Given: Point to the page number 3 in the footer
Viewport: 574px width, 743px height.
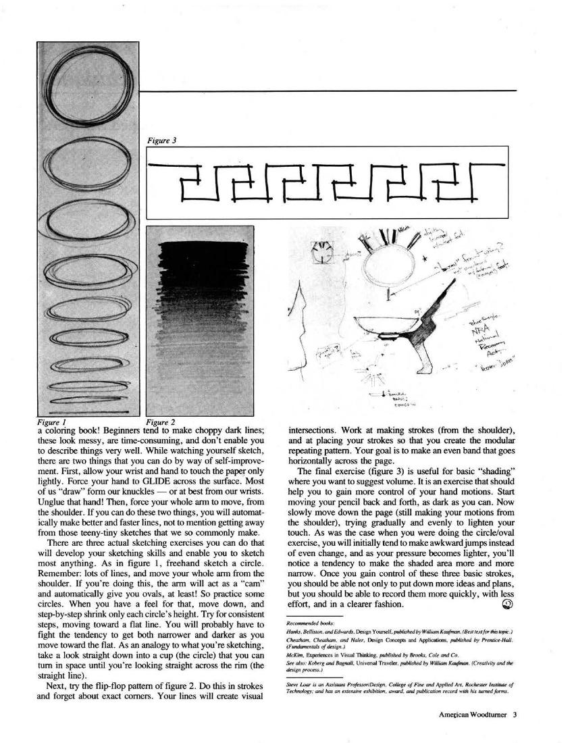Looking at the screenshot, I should [x=514, y=717].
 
